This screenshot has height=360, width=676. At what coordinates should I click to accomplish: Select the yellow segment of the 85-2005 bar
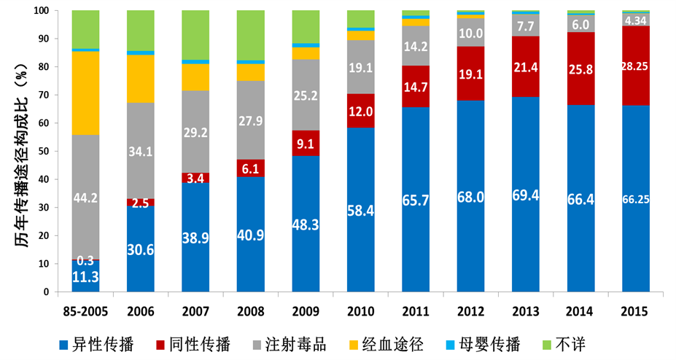click(x=85, y=93)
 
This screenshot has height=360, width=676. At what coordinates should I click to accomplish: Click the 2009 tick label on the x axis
click(x=306, y=310)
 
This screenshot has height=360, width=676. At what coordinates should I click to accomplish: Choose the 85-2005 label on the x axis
click(x=85, y=310)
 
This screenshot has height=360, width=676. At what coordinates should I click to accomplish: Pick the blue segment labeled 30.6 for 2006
click(x=140, y=249)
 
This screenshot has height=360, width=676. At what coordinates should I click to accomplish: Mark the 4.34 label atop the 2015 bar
click(x=635, y=20)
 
